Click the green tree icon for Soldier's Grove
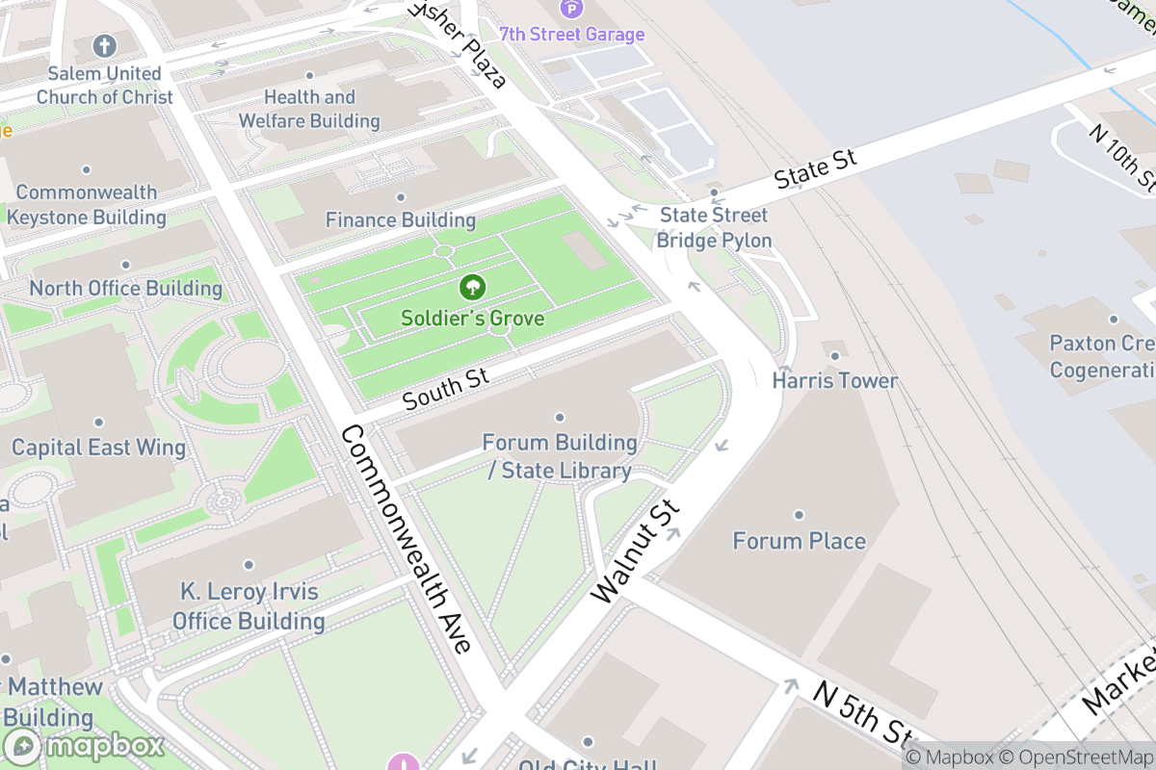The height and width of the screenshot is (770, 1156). [x=472, y=286]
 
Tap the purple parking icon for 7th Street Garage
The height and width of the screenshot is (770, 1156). [x=572, y=10]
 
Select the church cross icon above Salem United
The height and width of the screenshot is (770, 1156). [x=104, y=45]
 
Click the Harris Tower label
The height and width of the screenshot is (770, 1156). [x=834, y=381]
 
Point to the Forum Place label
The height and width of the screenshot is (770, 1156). [x=799, y=541]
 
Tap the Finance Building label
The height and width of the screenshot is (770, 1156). [x=401, y=220]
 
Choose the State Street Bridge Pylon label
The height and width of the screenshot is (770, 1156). [x=714, y=227]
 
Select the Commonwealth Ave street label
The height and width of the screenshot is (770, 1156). [x=406, y=539]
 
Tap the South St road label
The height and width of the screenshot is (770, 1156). [x=446, y=387]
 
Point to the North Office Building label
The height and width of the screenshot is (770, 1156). [x=125, y=289]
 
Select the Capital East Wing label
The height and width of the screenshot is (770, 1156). [x=98, y=448]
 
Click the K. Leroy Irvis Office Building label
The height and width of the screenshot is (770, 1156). [x=249, y=606]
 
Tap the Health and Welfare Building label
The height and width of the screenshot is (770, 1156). [x=309, y=109]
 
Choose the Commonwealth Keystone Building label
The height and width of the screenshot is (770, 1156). [x=87, y=205]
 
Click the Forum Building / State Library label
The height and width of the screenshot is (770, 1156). [x=560, y=456]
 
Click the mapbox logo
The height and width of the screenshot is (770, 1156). [x=84, y=746]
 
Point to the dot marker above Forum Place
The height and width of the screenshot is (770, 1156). [x=799, y=516]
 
